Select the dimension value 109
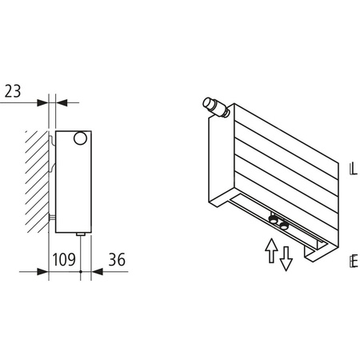pos(64,260)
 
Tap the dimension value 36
pos(116,260)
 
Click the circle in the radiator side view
pos(81,139)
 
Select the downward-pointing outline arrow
pos(286,258)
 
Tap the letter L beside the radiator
pos(353,170)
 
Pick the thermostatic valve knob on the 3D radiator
pos(210,105)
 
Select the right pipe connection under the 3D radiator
pos(285,222)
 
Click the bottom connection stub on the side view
pos(81,234)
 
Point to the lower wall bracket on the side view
pos(53,218)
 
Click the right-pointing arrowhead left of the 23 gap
pos(44,102)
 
